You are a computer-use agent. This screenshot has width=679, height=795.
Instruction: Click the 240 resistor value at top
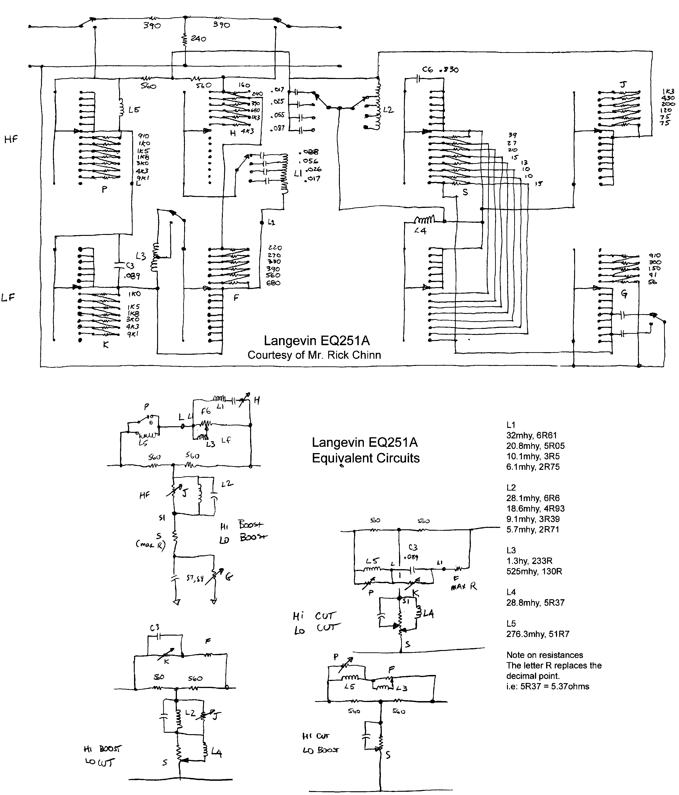coord(198,39)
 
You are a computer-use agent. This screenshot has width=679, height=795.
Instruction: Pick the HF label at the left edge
coord(11,139)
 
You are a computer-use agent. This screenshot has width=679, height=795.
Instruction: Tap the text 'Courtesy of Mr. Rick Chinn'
coord(314,355)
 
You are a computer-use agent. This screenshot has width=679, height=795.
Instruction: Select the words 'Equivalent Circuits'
coord(365,458)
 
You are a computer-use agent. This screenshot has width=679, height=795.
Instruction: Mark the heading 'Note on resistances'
coord(544,655)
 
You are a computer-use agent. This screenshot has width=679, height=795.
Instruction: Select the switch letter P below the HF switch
coord(104,189)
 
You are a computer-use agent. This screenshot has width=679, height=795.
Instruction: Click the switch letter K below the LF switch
coord(106,344)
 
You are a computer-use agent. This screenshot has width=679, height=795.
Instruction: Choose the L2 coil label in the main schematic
coord(388,110)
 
